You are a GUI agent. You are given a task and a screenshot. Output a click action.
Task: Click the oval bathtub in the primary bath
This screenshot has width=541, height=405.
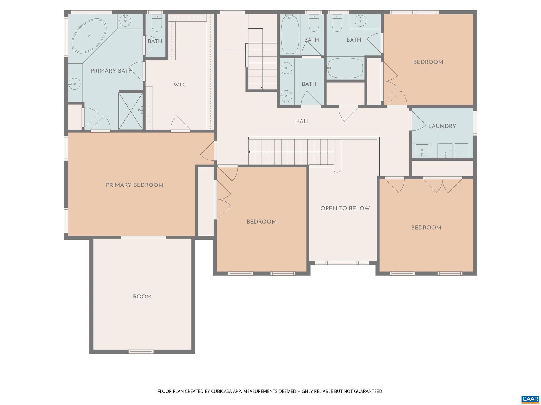pyautogui.click(x=89, y=36)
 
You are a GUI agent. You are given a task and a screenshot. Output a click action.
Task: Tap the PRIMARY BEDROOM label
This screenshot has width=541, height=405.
pyautogui.click(x=135, y=185)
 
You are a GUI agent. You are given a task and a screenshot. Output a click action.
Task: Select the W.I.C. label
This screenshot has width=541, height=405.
pyautogui.click(x=180, y=85)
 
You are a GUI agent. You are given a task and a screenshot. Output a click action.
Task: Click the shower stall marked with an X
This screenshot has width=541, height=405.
pyautogui.click(x=130, y=111)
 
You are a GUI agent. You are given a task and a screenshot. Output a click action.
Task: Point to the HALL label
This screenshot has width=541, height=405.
pyautogui.click(x=303, y=122)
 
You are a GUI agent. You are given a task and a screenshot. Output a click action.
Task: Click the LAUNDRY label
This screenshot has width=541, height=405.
pyautogui.click(x=442, y=126)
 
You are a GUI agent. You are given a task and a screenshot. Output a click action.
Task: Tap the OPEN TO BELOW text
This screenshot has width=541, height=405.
pyautogui.click(x=345, y=208)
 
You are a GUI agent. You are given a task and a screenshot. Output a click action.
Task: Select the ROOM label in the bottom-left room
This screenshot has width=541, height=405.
pyautogui.click(x=142, y=297)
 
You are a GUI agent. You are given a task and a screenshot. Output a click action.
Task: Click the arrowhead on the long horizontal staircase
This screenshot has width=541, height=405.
pyautogui.click(x=250, y=152)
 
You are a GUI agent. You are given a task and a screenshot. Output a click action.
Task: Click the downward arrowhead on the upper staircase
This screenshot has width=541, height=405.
pyautogui.click(x=263, y=88)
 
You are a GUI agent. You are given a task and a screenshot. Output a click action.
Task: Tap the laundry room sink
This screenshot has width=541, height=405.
pyautogui.click(x=422, y=151)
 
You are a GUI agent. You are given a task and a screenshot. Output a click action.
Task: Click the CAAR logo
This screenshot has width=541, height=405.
pyautogui.click(x=530, y=398)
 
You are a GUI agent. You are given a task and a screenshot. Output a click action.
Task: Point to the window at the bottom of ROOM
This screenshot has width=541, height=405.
pyautogui.click(x=141, y=351)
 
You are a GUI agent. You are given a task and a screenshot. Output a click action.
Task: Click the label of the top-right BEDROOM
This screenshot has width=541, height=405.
pyautogui.click(x=428, y=62)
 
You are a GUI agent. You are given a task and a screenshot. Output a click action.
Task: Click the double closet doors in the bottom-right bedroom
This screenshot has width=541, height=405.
pyautogui.click(x=442, y=185)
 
